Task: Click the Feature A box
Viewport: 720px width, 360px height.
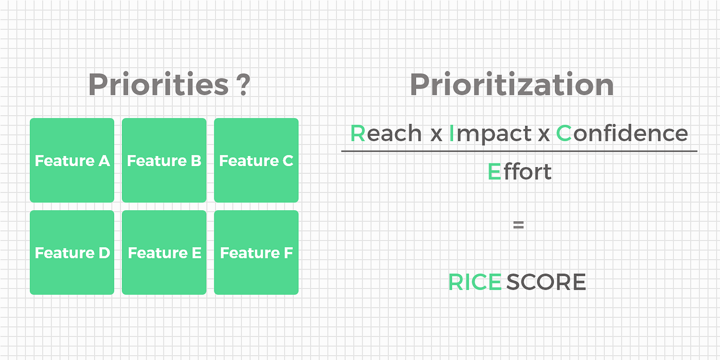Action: coord(72,160)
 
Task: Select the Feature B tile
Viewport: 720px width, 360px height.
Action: coord(164,160)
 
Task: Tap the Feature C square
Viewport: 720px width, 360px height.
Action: coord(256,160)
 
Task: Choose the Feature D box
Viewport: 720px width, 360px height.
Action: coord(72,253)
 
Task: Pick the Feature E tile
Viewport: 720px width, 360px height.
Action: coord(164,253)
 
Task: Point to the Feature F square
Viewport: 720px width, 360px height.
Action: coord(256,253)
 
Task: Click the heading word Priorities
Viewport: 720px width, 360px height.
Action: coord(158,84)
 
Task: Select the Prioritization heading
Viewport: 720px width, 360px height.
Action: coord(512,84)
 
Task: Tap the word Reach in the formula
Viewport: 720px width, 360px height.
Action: coord(386,133)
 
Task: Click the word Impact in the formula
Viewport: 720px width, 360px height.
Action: coord(490,134)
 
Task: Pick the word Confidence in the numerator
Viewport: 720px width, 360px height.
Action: coord(622,133)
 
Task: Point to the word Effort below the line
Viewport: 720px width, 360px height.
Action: coord(520,172)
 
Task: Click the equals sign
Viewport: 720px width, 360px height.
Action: coord(518,225)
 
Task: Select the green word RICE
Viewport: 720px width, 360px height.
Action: coord(475,282)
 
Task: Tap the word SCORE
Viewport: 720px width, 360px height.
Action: coord(546,282)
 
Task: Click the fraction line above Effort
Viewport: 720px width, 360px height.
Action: coord(519,151)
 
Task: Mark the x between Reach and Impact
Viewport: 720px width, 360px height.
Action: coord(436,134)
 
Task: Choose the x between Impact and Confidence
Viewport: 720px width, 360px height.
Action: coord(544,134)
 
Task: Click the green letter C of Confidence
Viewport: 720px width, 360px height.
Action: coord(564,133)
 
